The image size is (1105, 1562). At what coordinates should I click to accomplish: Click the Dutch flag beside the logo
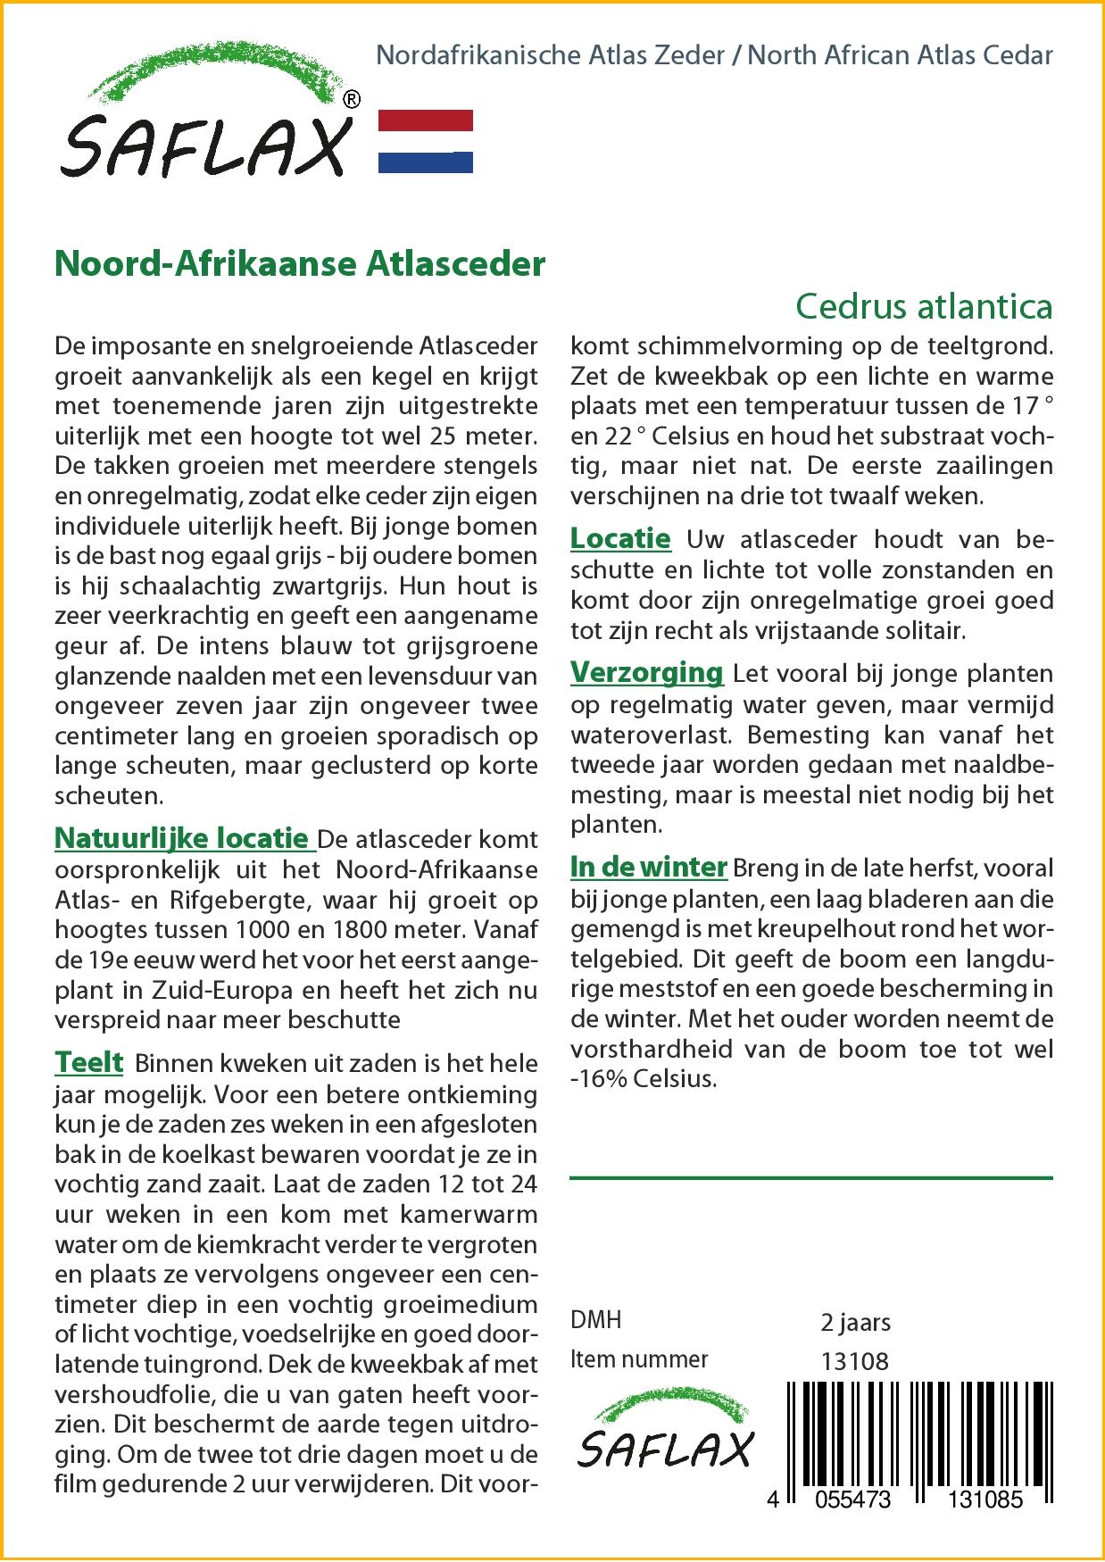coord(426,141)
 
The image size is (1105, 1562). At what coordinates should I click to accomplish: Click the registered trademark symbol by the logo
coord(352,100)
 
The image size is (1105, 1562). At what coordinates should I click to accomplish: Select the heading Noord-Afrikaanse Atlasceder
coord(300,264)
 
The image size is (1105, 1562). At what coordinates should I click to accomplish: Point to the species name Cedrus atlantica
coord(923,306)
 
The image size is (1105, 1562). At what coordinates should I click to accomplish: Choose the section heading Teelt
coord(89,1062)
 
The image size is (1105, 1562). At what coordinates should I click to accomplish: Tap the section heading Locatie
coord(620,538)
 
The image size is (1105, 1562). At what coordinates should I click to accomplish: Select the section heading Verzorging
coord(647,672)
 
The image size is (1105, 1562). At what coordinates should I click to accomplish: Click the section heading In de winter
coord(649,867)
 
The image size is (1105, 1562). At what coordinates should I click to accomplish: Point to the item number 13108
coord(854,1360)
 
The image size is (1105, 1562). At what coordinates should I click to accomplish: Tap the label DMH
coord(595,1320)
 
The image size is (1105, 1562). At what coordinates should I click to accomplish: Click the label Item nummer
coord(639,1359)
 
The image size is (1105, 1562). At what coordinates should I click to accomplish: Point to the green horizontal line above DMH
coord(810,1179)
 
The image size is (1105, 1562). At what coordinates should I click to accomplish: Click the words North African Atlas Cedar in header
coord(900,55)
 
